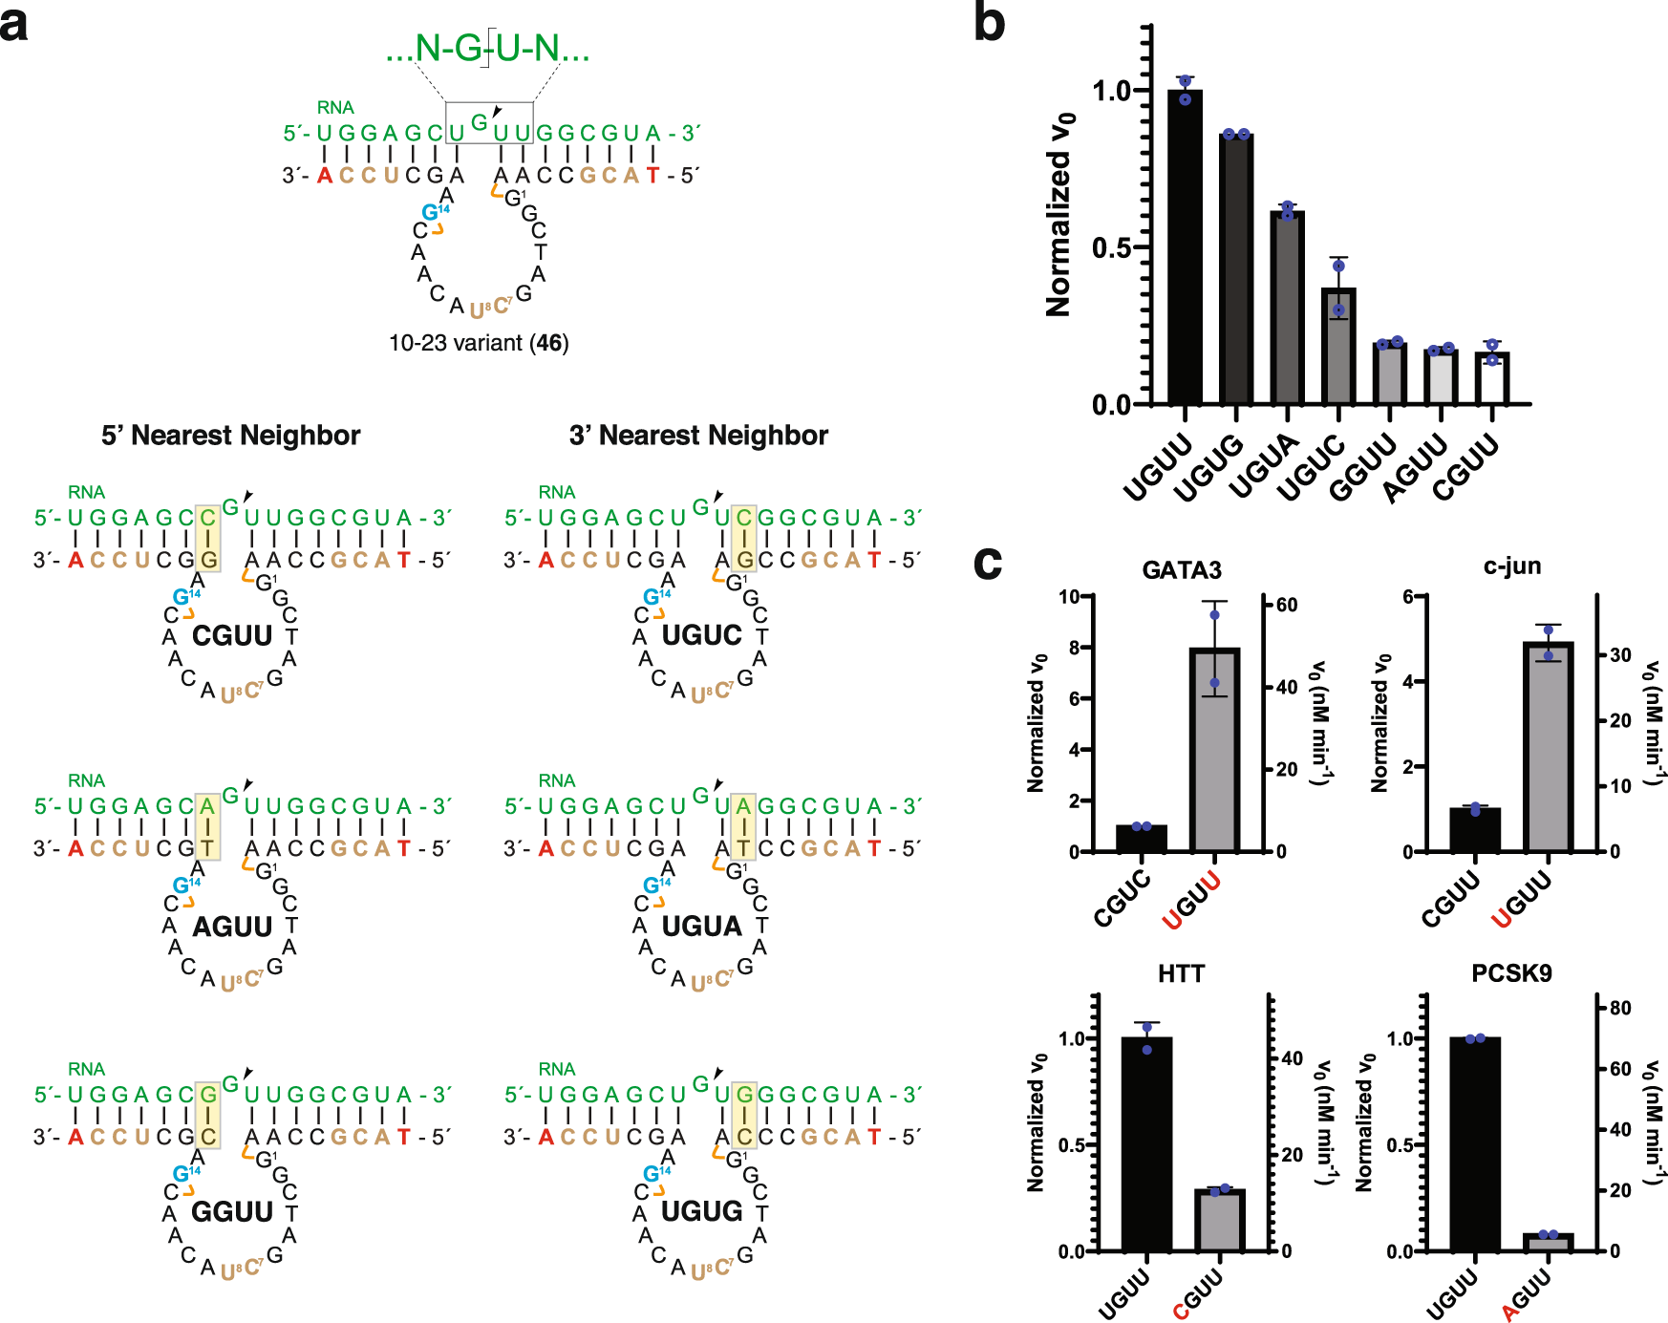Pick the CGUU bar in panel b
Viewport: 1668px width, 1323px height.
pos(1491,378)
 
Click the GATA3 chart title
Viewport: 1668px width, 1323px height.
pos(1181,570)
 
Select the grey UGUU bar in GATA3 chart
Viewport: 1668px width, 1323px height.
pos(1214,750)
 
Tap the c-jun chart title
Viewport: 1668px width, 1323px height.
pos(1511,566)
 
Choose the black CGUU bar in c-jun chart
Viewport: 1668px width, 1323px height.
pos(1474,829)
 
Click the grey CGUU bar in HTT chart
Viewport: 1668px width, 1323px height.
pos(1220,1220)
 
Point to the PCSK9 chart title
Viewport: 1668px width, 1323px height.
pos(1511,973)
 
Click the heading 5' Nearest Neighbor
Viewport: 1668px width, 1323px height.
pos(230,436)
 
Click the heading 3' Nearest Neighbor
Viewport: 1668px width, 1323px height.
pos(698,436)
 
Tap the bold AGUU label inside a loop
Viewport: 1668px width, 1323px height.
pos(232,926)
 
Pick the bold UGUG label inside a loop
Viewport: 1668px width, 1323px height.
pos(702,1211)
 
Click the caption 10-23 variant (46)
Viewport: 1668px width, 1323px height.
pos(478,343)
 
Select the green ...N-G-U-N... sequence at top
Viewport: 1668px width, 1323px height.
pos(487,48)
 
